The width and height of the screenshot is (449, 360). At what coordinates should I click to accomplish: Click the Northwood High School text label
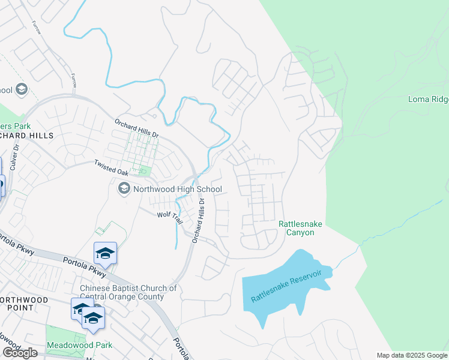(x=178, y=189)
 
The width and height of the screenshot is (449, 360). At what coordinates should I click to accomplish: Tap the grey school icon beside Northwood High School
(x=124, y=189)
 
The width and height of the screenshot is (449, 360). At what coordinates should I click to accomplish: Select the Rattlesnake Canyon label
(x=300, y=228)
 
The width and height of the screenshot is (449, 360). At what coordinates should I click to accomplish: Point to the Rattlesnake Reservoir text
(x=286, y=286)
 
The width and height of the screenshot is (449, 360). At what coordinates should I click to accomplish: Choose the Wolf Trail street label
(x=169, y=216)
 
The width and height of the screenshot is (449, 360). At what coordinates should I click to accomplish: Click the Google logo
(x=20, y=353)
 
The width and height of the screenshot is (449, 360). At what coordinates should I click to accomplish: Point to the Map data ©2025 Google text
(x=412, y=355)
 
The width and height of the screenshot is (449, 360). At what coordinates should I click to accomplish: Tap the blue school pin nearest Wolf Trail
(x=105, y=253)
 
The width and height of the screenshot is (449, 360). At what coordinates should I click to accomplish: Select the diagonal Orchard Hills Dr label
(x=137, y=128)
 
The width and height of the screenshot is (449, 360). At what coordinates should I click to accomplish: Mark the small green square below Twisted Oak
(x=143, y=172)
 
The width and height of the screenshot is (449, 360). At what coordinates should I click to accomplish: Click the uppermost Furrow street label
(x=37, y=26)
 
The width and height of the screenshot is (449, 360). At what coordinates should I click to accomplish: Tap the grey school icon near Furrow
(x=21, y=90)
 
